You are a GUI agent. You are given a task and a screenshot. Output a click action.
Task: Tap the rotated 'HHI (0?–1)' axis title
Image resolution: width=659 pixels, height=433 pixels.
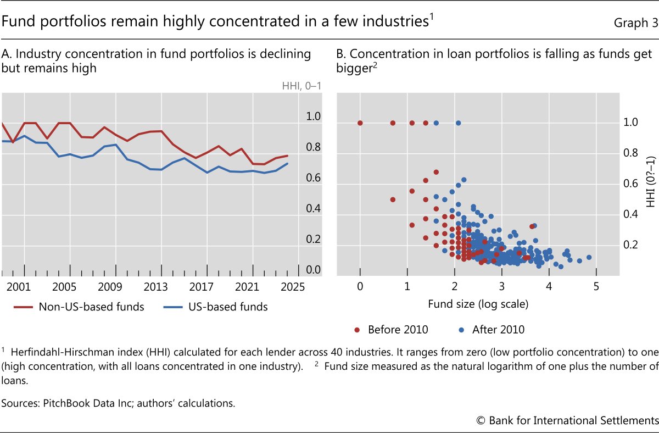click(650, 181)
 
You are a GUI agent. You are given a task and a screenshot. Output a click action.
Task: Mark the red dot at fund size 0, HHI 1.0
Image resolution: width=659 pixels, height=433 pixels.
click(360, 123)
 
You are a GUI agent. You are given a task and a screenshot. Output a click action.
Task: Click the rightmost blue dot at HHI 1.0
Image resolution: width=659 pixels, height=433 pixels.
click(458, 123)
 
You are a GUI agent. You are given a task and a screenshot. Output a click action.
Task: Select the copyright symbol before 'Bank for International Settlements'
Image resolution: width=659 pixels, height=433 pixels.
click(481, 420)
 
